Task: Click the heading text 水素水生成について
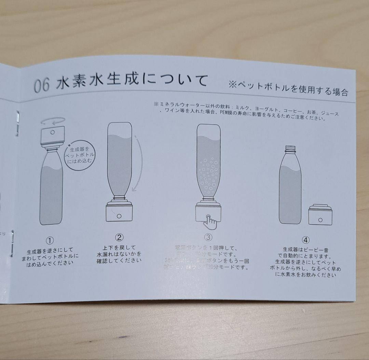[132, 82]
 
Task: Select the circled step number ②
[119, 237]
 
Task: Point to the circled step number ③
[208, 237]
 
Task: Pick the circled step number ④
[305, 240]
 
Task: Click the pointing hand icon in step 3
[210, 222]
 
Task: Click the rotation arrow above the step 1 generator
[53, 121]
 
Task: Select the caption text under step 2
[119, 254]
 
